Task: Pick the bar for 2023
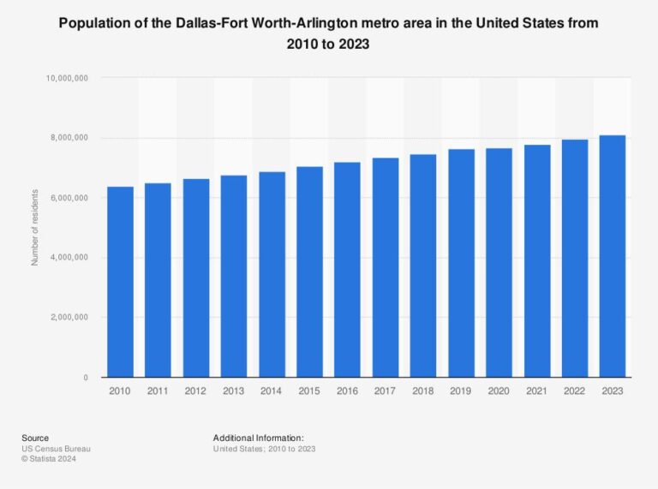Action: pyautogui.click(x=613, y=256)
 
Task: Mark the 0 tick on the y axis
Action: pyautogui.click(x=86, y=378)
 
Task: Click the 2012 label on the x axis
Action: pyautogui.click(x=195, y=391)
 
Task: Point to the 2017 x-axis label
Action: pyautogui.click(x=385, y=391)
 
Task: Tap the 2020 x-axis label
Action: pyautogui.click(x=499, y=391)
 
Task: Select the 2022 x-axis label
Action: pyautogui.click(x=575, y=391)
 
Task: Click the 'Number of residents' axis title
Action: pyautogui.click(x=35, y=228)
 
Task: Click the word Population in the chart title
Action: pyautogui.click(x=96, y=24)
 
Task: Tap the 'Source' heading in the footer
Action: pyautogui.click(x=35, y=438)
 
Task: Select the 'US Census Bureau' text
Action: pyautogui.click(x=56, y=449)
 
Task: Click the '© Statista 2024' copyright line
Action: pyautogui.click(x=51, y=459)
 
